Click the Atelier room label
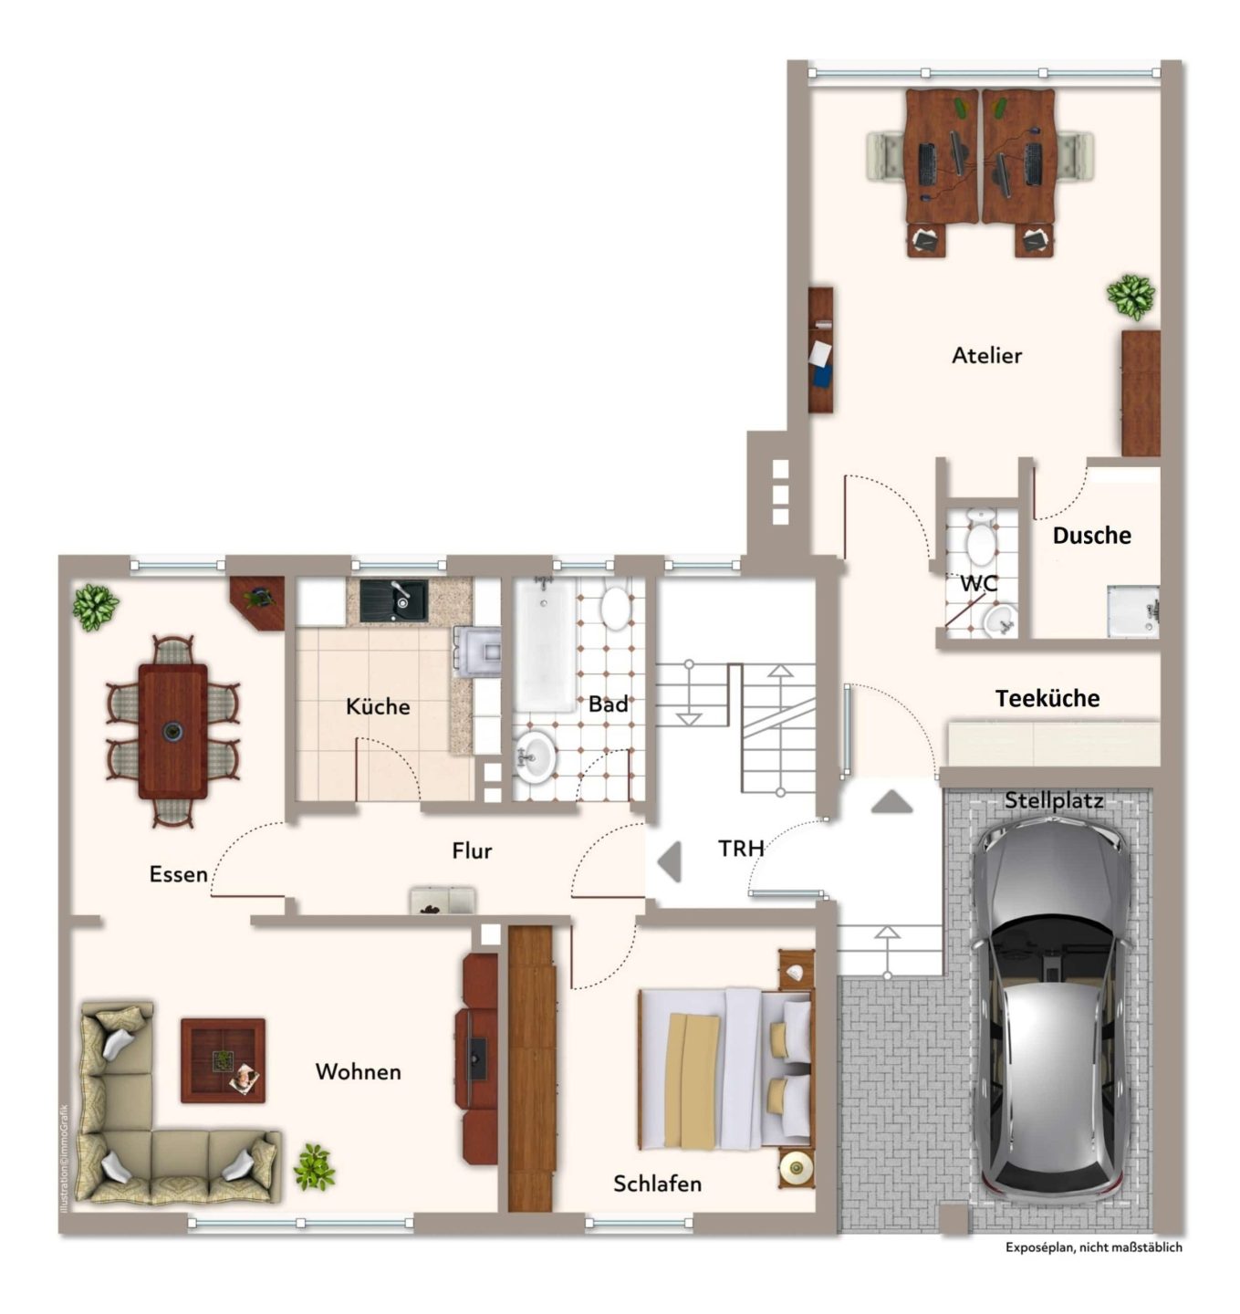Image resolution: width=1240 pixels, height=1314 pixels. (986, 355)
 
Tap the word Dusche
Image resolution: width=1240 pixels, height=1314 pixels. (1091, 536)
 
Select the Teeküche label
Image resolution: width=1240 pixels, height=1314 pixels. (1047, 698)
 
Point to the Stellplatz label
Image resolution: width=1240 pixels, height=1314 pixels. (1053, 800)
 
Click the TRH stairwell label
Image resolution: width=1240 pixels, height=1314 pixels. (740, 849)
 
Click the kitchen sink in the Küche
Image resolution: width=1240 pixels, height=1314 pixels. (393, 601)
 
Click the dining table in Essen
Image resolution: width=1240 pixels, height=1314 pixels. (172, 731)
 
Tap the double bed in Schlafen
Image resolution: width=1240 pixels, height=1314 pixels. (725, 1069)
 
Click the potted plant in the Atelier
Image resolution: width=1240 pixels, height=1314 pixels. (1131, 297)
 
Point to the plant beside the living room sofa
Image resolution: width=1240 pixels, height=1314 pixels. (314, 1167)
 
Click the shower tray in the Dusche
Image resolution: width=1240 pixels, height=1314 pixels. (1133, 611)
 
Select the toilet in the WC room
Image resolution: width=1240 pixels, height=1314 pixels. (981, 537)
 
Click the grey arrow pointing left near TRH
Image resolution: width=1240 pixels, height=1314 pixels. (670, 861)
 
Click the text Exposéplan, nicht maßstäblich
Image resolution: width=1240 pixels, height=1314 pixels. (1094, 1247)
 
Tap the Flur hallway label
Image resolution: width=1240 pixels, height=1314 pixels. (472, 850)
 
